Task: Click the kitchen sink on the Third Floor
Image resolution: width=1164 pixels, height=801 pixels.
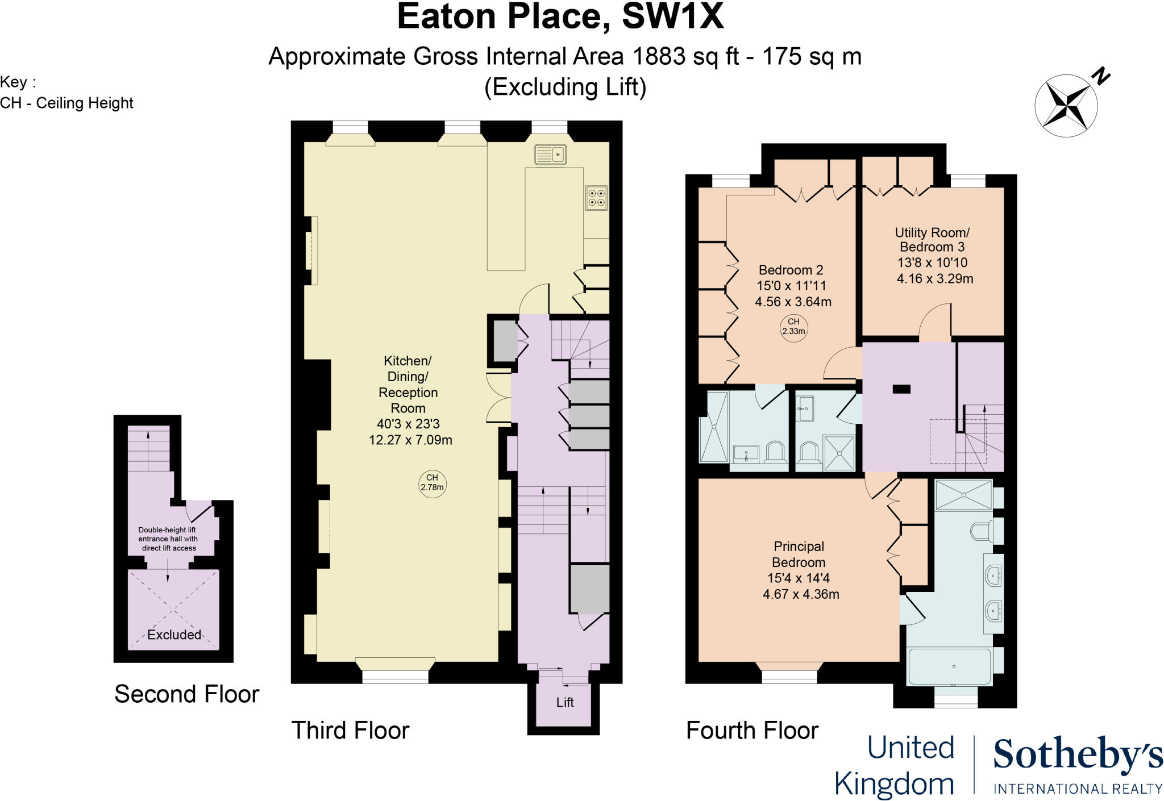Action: (x=550, y=155)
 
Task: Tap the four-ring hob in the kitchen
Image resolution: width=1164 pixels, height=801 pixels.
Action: (x=597, y=198)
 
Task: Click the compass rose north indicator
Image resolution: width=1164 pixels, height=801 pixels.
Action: (x=1066, y=105)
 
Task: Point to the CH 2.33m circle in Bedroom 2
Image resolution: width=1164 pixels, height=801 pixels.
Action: (x=793, y=327)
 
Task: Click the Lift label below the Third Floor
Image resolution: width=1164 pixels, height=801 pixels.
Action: (x=564, y=703)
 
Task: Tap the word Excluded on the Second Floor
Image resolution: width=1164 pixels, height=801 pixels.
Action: (x=174, y=635)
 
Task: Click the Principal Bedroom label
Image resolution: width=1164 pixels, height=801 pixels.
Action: (x=799, y=554)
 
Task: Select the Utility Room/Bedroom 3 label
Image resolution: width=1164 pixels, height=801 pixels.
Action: (x=932, y=240)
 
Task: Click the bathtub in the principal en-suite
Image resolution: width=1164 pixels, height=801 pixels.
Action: (x=950, y=666)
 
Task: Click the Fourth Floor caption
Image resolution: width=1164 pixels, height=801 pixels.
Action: (x=752, y=731)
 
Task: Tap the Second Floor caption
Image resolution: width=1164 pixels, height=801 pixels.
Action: (x=186, y=694)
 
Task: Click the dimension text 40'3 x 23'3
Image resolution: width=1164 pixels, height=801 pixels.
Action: (x=408, y=424)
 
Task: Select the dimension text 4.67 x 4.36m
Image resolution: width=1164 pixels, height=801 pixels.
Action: (x=801, y=594)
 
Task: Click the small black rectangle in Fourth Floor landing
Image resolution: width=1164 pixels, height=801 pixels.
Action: (x=901, y=389)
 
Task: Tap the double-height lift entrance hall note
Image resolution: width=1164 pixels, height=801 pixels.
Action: (x=168, y=539)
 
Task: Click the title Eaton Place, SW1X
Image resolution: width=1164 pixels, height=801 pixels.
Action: (x=560, y=17)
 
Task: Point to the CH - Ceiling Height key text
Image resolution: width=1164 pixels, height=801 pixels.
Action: (x=66, y=103)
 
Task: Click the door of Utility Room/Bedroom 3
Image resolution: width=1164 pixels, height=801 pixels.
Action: (x=934, y=324)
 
